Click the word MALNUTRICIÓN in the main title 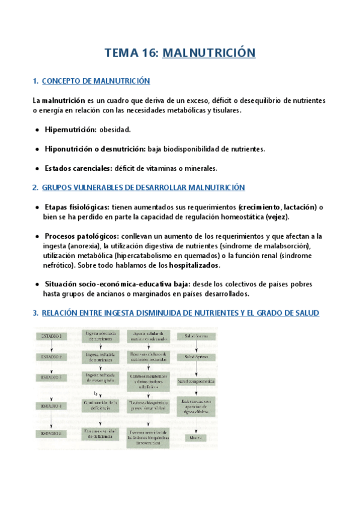point(209,53)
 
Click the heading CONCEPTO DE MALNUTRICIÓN point(96,81)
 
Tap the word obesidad point(115,129)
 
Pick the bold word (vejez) point(274,217)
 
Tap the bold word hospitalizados point(195,265)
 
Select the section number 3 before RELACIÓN point(35,313)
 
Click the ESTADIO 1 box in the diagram point(52,336)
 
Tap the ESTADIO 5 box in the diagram point(52,433)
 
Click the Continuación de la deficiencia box point(100,407)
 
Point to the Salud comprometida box point(196,381)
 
